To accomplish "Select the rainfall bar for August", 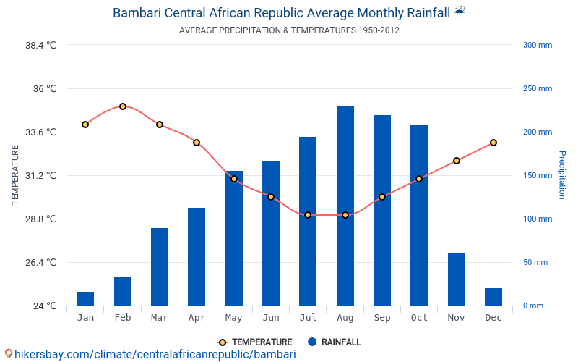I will coord(345,206).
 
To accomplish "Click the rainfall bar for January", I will coord(85,298).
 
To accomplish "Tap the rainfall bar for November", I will coord(456,279).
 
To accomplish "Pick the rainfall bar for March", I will coord(160,266).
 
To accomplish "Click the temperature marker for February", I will coord(123,106).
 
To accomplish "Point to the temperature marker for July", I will coord(308,215).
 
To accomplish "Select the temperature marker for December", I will coord(493,143).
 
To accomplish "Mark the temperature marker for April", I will coord(197,143).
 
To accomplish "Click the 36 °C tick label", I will coord(41,88).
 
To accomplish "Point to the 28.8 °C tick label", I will coord(41,219).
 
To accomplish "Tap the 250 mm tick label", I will coord(537,88).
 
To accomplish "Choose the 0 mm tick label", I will coord(532,306).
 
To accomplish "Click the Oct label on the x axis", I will coord(419,318).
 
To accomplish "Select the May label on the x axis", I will coord(233,318).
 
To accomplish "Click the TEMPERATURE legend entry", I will coord(254,342).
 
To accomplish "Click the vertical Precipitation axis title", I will coord(561,175).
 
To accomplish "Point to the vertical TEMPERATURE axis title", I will coord(15,175).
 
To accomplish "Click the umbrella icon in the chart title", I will coord(460,12).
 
